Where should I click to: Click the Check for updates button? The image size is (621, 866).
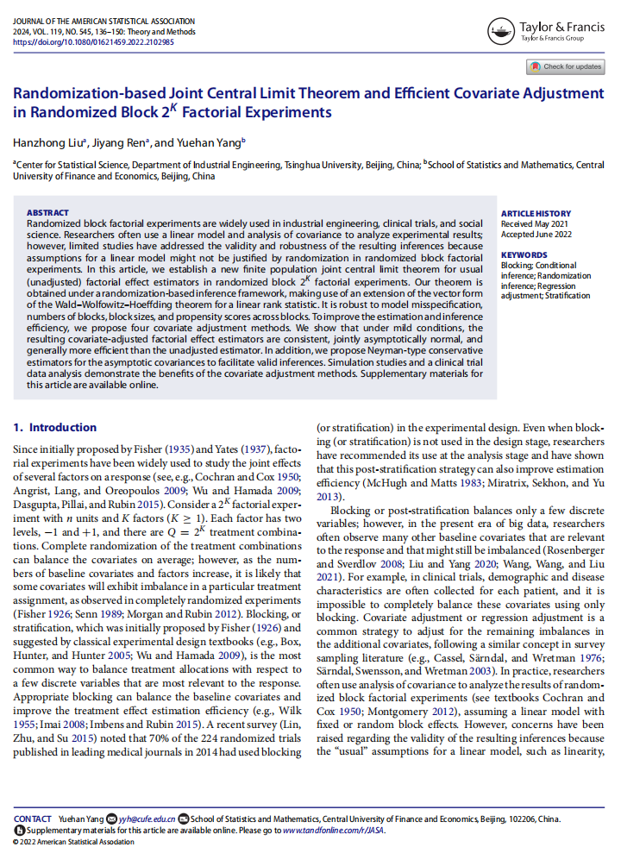tap(565, 66)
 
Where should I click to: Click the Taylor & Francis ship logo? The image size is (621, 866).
tap(501, 32)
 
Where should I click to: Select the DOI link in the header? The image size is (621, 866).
tap(93, 41)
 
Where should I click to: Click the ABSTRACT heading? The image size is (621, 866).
tap(47, 212)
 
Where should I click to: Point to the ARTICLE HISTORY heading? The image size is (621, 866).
tap(536, 213)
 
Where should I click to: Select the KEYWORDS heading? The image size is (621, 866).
tap(524, 255)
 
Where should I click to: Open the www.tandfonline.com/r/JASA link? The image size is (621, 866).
tap(334, 830)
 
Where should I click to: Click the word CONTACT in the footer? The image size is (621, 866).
tap(33, 819)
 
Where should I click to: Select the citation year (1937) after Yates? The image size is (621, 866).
tap(250, 451)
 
